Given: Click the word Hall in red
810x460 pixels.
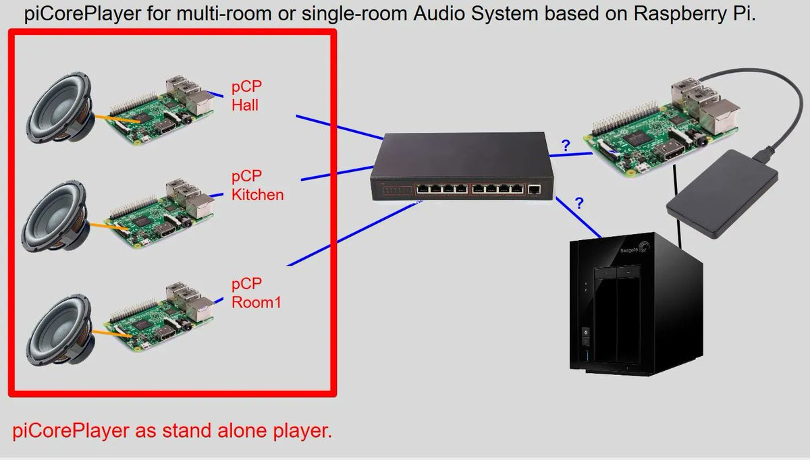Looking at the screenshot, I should pyautogui.click(x=245, y=105).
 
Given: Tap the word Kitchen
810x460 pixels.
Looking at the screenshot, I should pyautogui.click(x=257, y=195).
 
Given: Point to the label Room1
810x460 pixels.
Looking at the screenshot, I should pyautogui.click(x=256, y=302).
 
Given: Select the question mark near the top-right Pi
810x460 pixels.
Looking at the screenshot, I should pyautogui.click(x=565, y=144).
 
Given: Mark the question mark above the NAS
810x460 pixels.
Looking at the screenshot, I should pyautogui.click(x=578, y=202).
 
